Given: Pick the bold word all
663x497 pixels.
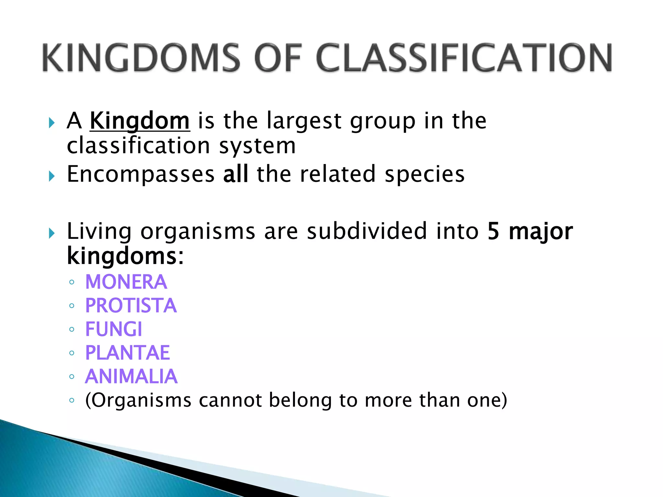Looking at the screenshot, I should click(x=236, y=174).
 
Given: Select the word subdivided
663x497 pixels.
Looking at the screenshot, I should click(x=367, y=231).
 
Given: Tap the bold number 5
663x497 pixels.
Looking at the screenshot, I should click(x=493, y=231).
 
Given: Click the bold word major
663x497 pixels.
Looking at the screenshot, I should click(x=541, y=232).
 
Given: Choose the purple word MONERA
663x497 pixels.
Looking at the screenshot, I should click(x=126, y=282).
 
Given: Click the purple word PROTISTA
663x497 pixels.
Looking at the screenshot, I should click(x=131, y=305).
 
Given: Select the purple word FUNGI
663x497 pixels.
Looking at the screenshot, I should click(x=114, y=329).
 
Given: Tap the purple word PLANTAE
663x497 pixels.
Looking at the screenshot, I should click(x=128, y=353).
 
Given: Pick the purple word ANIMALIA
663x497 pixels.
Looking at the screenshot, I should click(x=131, y=376).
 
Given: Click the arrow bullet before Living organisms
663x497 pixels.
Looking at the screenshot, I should click(x=51, y=233).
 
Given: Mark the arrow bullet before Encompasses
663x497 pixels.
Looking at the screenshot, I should click(x=51, y=176).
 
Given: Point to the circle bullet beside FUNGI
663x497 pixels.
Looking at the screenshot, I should click(x=72, y=329).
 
